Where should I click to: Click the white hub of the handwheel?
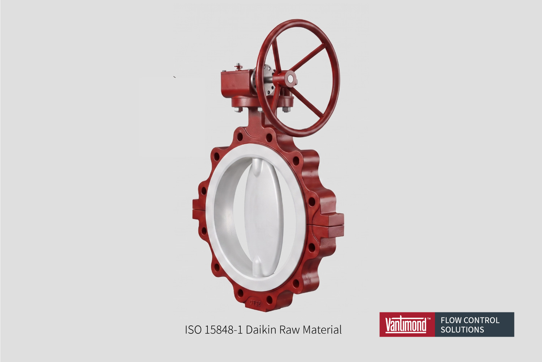tap(290, 78)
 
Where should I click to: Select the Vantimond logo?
tap(407, 325)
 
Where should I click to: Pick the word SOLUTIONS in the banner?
tap(462, 329)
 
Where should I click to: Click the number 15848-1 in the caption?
tap(223, 330)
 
